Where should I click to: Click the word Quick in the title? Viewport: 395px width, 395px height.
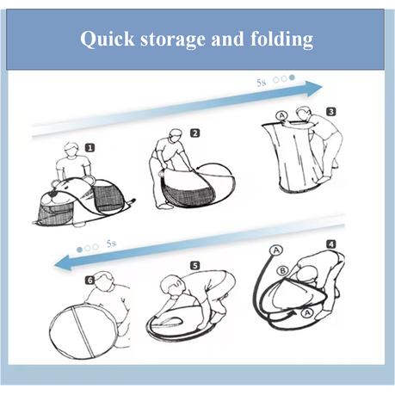point(107,40)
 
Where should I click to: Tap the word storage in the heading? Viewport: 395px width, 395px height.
point(173,40)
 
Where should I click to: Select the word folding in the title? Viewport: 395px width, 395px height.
point(282,40)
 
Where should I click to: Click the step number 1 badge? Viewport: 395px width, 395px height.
point(89,148)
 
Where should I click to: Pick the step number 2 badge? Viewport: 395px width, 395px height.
point(195,133)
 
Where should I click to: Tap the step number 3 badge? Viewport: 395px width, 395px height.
point(331,112)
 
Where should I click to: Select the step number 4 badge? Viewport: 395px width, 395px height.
point(331,244)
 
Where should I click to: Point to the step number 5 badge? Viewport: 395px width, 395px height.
point(194,266)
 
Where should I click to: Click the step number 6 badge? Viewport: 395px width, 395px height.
point(89,281)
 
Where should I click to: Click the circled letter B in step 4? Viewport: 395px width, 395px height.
point(282,270)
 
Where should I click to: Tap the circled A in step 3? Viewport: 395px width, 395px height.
point(282,115)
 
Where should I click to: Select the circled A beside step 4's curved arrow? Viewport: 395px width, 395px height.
point(308,313)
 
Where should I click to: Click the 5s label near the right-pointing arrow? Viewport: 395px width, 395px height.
point(261,83)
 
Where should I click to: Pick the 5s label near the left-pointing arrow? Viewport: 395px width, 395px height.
point(111,244)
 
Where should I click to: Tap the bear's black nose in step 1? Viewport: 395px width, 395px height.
point(52,194)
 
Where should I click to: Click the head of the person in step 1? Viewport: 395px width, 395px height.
point(71,150)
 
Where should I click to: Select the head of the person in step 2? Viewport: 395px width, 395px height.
point(176,136)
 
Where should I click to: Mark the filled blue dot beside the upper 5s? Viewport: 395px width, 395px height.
point(292,77)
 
